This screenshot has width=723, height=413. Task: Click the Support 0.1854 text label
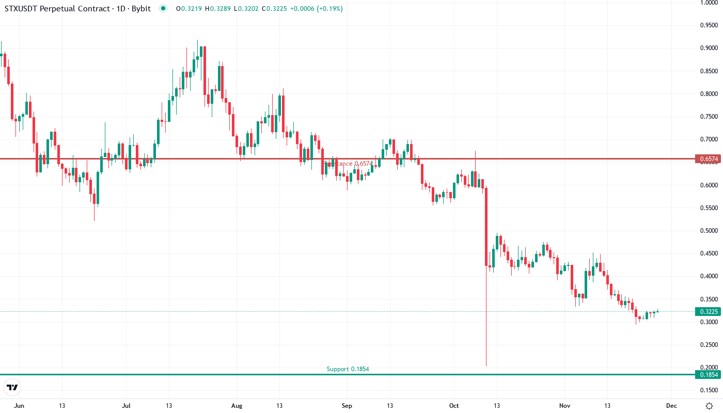pos(348,369)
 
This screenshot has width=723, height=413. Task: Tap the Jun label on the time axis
pos(19,406)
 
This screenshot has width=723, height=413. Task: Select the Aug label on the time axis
pos(236,406)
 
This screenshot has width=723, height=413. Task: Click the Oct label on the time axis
pos(453,406)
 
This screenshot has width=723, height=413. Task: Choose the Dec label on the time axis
pos(671,406)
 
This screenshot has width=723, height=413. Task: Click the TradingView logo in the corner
pos(12,387)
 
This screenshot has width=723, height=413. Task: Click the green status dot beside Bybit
pos(164,8)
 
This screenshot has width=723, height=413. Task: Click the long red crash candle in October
pos(486,227)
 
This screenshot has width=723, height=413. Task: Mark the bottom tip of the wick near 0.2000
pos(486,366)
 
